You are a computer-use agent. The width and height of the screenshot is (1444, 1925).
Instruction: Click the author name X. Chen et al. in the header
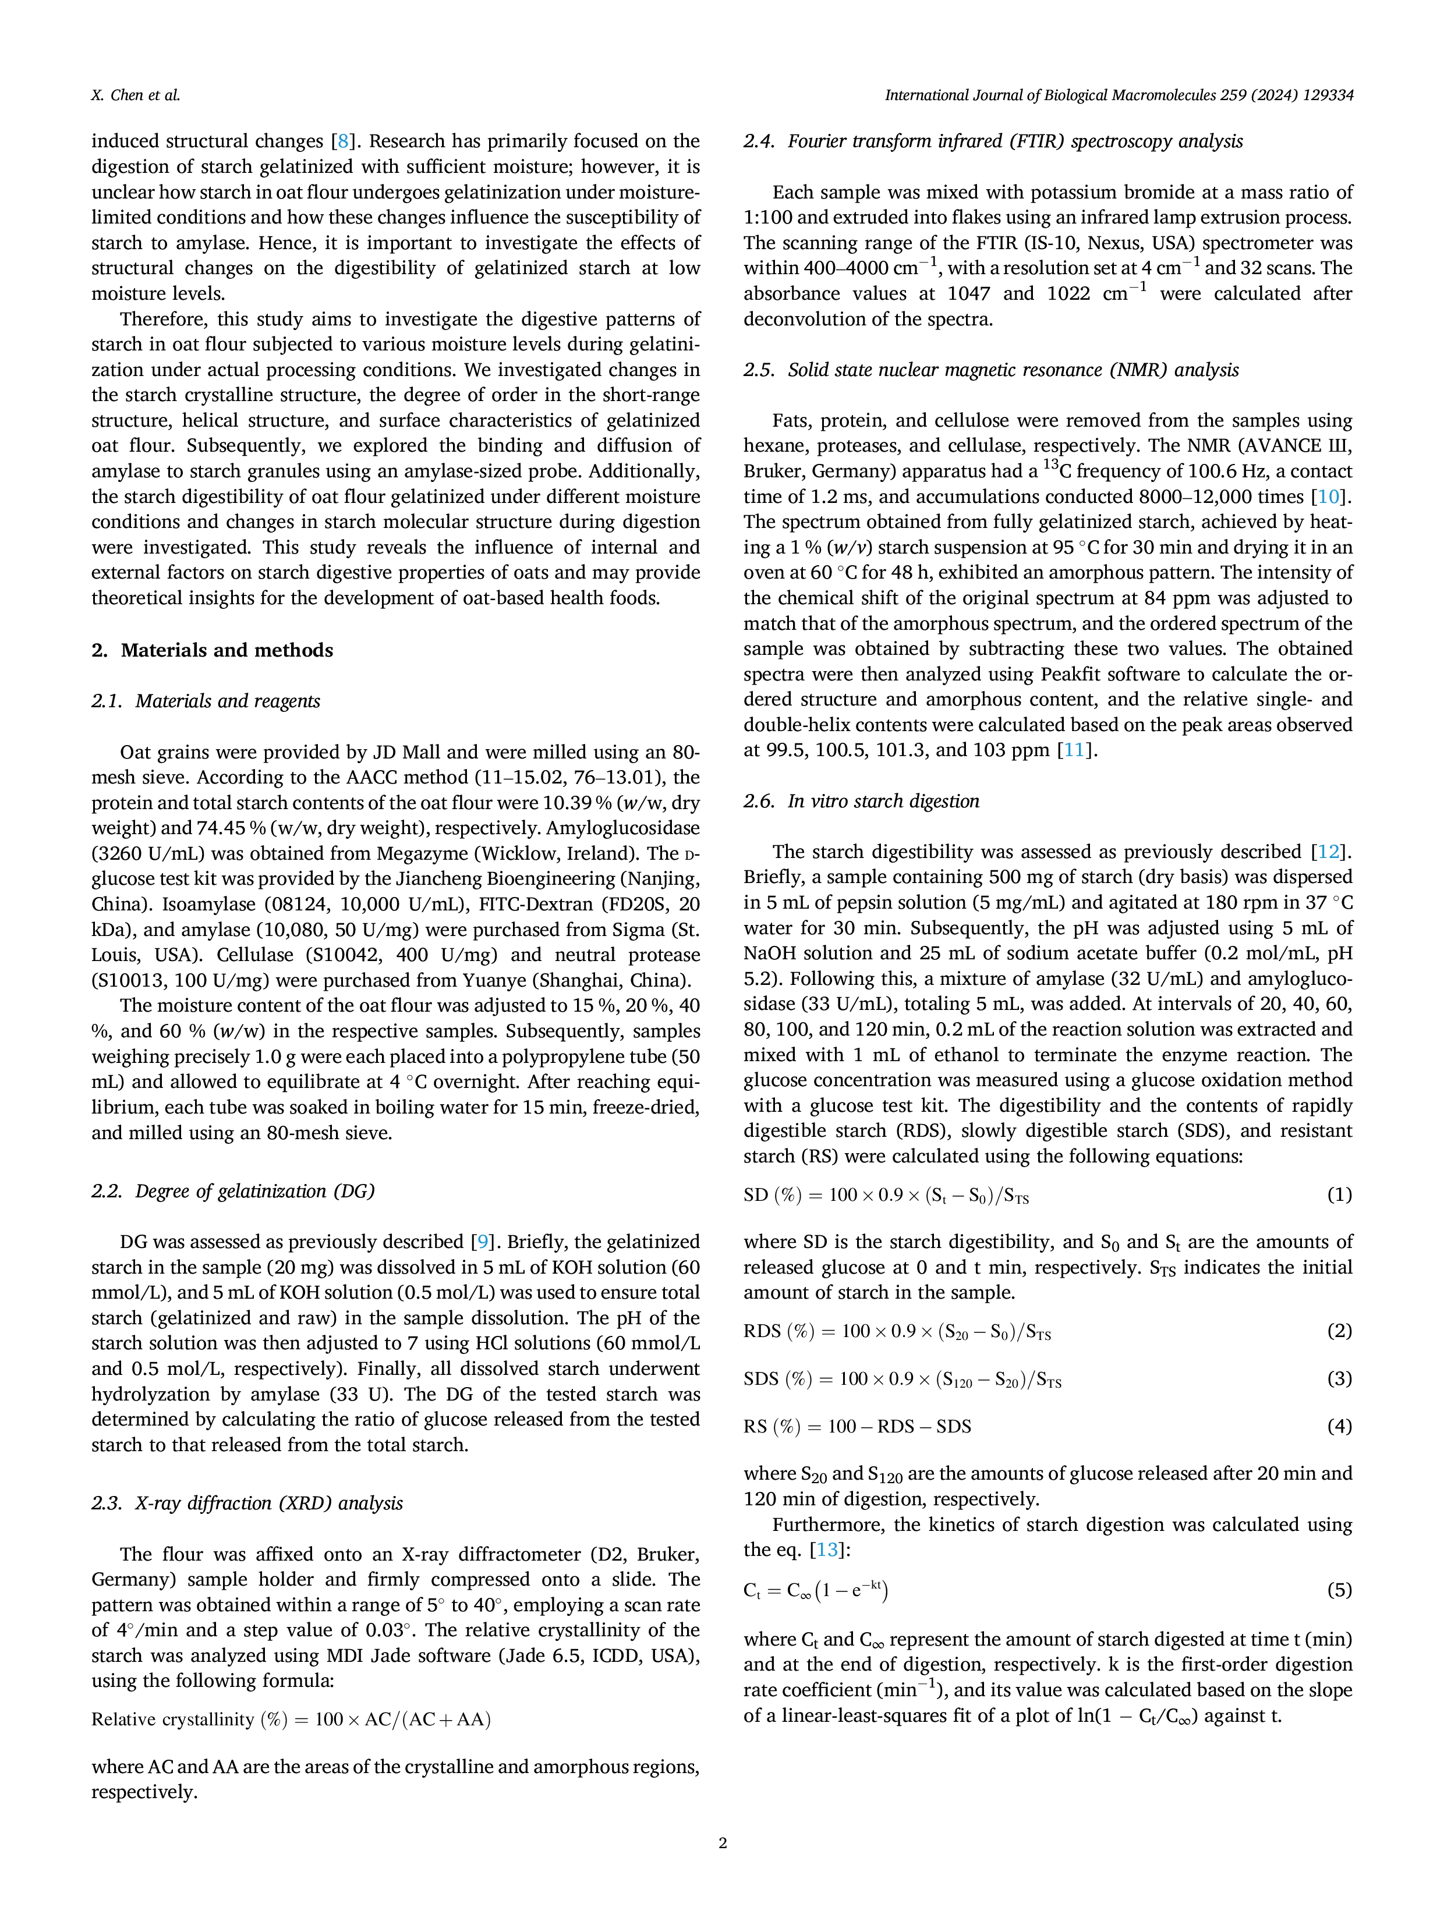coord(136,95)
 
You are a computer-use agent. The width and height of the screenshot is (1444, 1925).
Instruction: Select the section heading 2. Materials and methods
coord(213,650)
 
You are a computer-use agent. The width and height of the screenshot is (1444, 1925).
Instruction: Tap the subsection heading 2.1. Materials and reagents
coord(206,701)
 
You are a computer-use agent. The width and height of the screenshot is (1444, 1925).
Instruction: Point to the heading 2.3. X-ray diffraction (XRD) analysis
coord(247,1504)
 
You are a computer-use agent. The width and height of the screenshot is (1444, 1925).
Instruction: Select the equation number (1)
coord(1340,1195)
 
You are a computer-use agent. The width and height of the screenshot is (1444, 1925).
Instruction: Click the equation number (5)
coord(1340,1591)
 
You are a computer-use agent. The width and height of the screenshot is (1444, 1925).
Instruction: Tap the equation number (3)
coord(1340,1378)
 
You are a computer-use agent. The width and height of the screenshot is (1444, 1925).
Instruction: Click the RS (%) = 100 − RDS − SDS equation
coord(857,1426)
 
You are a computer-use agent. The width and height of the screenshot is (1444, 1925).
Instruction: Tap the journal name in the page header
coord(1119,95)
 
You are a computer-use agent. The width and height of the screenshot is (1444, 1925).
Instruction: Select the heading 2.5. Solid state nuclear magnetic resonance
coord(992,370)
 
